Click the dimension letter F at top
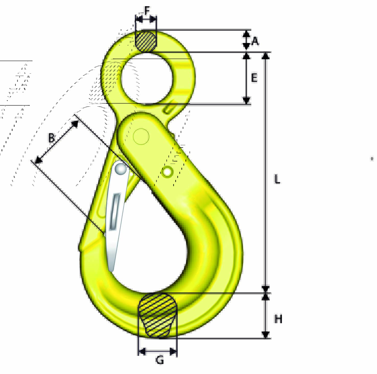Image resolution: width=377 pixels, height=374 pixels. point(147,11)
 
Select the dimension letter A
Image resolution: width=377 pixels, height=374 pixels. point(255,41)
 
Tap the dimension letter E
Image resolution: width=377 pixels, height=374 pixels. point(254,78)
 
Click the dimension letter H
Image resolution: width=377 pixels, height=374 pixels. point(278,319)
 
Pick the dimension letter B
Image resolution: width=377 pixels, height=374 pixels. point(52,138)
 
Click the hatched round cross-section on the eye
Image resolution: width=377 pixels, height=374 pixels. point(146,41)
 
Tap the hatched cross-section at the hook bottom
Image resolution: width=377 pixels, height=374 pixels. point(157,315)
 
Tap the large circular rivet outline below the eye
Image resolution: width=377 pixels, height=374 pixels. point(141,136)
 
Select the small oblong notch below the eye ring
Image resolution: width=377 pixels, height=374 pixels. point(169,109)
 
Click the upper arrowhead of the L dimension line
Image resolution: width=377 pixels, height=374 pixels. point(266,56)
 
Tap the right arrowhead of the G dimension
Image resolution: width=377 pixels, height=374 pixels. point(173,352)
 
